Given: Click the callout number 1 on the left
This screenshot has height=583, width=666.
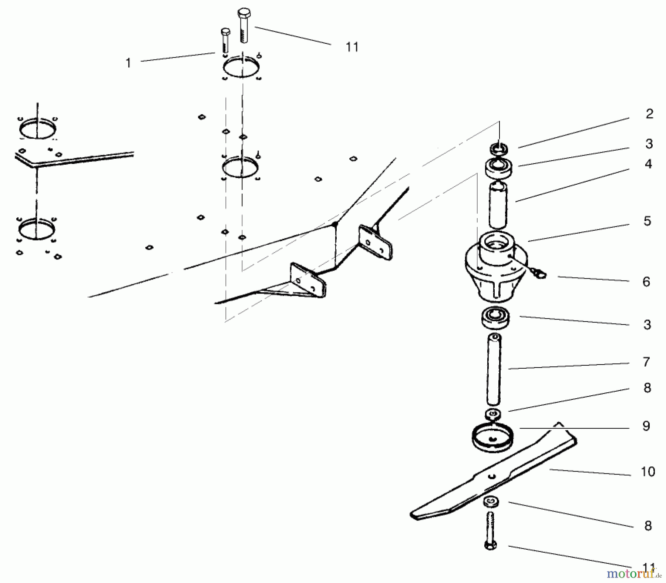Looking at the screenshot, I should tap(128, 63).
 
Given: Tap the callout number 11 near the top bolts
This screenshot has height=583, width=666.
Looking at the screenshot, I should tap(352, 47).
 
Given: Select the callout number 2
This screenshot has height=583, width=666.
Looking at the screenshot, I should tap(649, 114).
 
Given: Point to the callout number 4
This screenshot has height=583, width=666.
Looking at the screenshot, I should tap(648, 164).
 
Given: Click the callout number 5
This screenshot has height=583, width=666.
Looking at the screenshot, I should tap(647, 221).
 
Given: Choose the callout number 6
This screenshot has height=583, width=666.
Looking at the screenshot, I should tap(646, 282).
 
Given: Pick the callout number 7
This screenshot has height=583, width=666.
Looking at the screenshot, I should tap(646, 362).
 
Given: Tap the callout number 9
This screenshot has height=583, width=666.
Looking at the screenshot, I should tap(646, 426).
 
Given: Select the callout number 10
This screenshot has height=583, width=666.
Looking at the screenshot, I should tap(648, 472).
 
